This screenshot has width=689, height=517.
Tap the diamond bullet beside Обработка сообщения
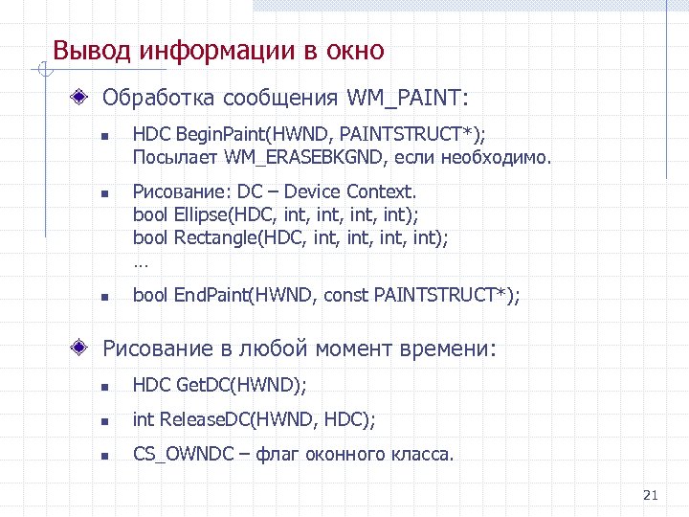click(x=84, y=98)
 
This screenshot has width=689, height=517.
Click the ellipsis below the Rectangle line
click(x=141, y=258)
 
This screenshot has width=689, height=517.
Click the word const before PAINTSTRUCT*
click(x=345, y=297)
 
